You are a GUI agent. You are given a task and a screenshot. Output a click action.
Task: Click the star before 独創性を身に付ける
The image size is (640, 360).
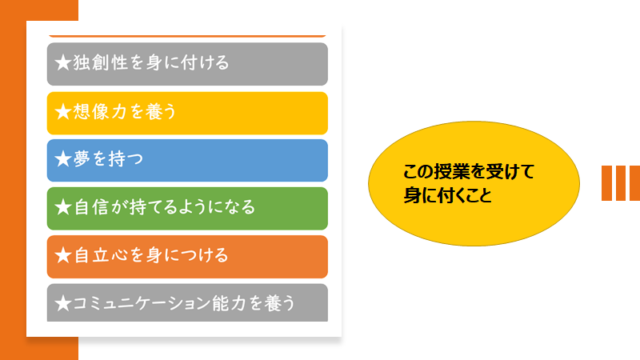[x=63, y=63]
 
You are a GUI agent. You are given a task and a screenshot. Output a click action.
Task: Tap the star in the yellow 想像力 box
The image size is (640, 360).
[x=63, y=111]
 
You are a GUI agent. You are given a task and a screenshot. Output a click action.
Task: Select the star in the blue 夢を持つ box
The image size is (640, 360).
[x=63, y=158]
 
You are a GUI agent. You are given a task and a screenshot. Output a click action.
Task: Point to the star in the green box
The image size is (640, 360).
[x=63, y=207]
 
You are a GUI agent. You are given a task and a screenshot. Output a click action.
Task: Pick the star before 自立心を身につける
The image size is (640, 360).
[x=63, y=255]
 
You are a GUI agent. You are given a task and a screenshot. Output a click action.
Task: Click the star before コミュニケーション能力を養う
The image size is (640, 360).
[x=63, y=303]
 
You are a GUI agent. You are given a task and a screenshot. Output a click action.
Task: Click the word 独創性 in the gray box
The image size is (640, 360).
[x=101, y=63]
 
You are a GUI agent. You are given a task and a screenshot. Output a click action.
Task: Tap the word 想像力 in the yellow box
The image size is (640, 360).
[x=101, y=111]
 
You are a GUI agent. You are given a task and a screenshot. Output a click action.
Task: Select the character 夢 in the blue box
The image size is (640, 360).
[x=82, y=158]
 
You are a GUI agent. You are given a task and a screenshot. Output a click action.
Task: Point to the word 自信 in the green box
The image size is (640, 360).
[x=91, y=207]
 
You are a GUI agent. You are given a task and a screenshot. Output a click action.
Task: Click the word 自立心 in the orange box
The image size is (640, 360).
[x=101, y=255]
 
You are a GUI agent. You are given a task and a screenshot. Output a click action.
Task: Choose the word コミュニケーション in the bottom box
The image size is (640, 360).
[x=142, y=303]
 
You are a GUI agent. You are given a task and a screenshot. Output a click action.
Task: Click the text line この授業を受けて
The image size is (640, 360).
[x=469, y=171]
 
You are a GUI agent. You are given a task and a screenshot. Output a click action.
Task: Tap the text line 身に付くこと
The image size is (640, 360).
[x=448, y=194]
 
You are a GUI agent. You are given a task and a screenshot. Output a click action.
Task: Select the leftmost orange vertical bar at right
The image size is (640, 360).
[x=606, y=183]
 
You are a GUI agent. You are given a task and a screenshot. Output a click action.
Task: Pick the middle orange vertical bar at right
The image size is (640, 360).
[x=621, y=183]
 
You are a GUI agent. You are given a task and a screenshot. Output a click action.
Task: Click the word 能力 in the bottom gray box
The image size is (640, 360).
[x=229, y=303]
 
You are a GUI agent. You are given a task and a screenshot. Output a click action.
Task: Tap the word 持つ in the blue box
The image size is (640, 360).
[x=126, y=158]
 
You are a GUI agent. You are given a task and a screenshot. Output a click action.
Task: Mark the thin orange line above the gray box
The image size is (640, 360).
[x=187, y=36]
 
